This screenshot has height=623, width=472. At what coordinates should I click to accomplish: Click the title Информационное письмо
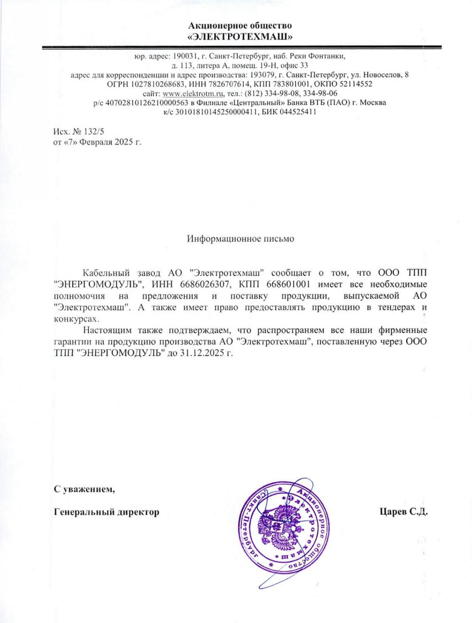tap(240, 239)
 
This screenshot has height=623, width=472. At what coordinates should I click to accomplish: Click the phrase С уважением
tap(85, 489)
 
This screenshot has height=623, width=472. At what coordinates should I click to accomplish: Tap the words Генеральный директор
tap(107, 512)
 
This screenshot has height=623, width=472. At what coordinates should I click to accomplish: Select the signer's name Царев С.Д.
tap(403, 512)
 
